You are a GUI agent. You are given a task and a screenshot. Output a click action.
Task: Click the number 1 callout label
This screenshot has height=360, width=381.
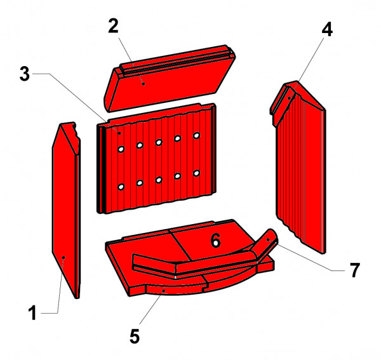[x=34, y=312]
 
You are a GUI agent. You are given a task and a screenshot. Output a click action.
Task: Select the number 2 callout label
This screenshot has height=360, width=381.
[x=113, y=27]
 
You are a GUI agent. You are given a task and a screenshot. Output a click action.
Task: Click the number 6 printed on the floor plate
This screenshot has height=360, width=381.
[x=215, y=241]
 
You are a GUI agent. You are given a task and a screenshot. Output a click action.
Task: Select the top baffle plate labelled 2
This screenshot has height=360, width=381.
[x=168, y=79]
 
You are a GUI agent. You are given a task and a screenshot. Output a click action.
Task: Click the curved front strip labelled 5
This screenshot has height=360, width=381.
[x=171, y=290]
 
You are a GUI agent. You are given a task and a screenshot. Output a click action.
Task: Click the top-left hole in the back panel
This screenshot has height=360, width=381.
[x=120, y=149]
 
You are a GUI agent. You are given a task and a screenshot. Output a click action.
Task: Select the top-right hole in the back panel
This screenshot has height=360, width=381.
[x=197, y=136]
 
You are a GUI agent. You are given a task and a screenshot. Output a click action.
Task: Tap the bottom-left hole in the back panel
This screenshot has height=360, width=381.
[x=120, y=187]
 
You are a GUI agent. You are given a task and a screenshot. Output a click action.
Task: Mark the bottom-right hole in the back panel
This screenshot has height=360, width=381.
[x=197, y=173]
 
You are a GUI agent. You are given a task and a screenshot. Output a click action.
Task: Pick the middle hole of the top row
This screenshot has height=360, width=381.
[x=159, y=142]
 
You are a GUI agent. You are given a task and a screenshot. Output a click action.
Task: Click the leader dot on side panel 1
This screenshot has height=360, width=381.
[x=64, y=257]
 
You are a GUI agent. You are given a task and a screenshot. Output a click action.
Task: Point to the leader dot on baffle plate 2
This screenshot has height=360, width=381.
[x=144, y=83]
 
